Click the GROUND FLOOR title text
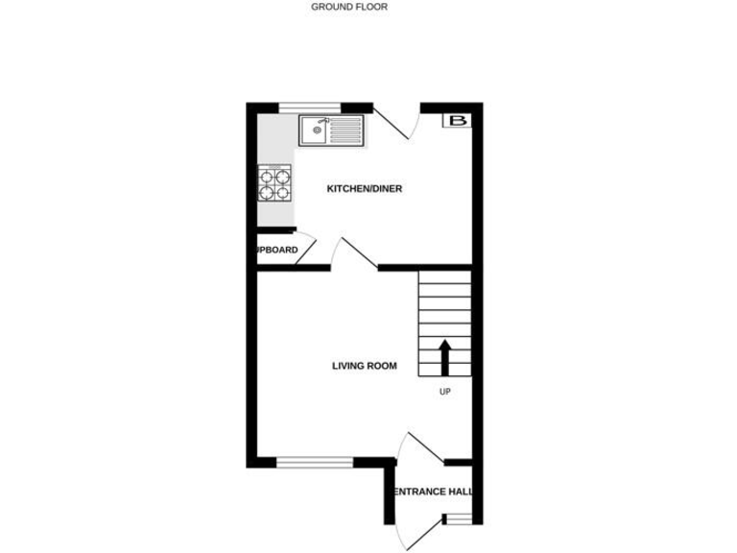click(x=349, y=7)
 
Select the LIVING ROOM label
click(x=365, y=366)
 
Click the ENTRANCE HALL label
click(x=434, y=492)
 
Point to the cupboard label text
click(x=276, y=251)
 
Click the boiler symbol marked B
click(x=458, y=121)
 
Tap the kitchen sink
click(x=329, y=131)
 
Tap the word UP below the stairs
click(x=444, y=392)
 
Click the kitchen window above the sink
click(x=310, y=106)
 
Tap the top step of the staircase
click(x=444, y=278)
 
